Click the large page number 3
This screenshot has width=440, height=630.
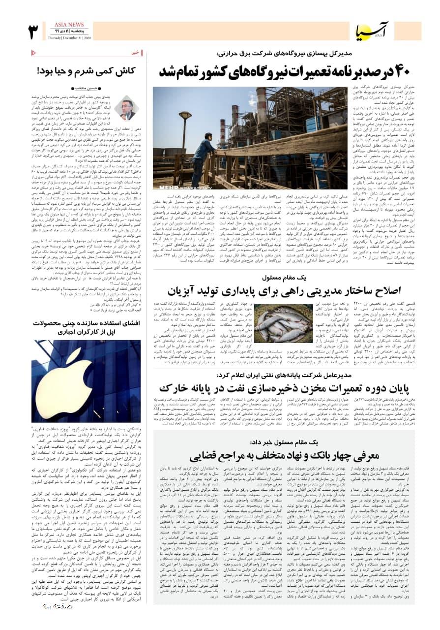[34, 31]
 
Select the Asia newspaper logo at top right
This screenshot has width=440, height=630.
[369, 32]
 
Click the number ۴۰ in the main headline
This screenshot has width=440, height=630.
[395, 71]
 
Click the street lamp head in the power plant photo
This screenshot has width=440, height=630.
[186, 114]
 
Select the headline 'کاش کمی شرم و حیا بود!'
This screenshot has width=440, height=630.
[86, 71]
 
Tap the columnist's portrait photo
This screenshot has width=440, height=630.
[126, 107]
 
